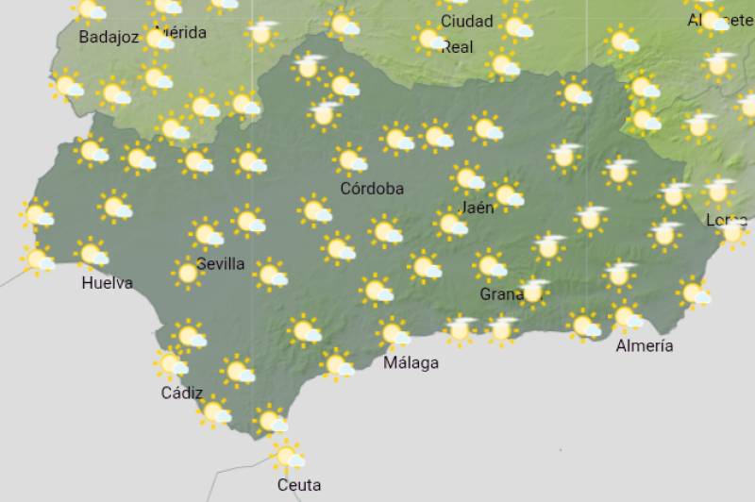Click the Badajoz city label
pyautogui.click(x=109, y=38)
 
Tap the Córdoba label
pyautogui.click(x=372, y=189)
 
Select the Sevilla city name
pyautogui.click(x=221, y=263)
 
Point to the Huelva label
pyautogui.click(x=107, y=282)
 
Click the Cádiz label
pyautogui.click(x=182, y=393)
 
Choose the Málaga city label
pyautogui.click(x=411, y=362)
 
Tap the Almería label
pyautogui.click(x=645, y=345)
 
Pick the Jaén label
pyautogui.click(x=478, y=208)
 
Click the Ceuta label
pyautogui.click(x=298, y=485)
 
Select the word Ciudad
pyautogui.click(x=466, y=21)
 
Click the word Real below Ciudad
pyautogui.click(x=458, y=46)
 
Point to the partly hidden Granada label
pyautogui.click(x=501, y=294)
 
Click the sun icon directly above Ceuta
pyautogui.click(x=286, y=457)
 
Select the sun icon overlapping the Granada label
pyautogui.click(x=533, y=292)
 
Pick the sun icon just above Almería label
pyautogui.click(x=625, y=315)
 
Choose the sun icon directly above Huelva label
pyautogui.click(x=92, y=253)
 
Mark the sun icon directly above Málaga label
pyautogui.click(x=393, y=332)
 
